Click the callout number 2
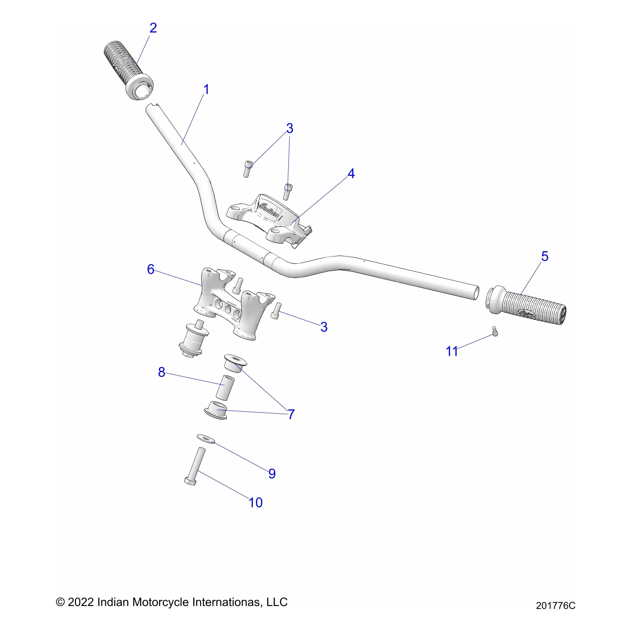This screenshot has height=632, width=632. [x=153, y=28]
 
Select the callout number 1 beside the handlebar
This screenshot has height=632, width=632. [x=206, y=90]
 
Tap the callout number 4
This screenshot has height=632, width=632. [x=351, y=174]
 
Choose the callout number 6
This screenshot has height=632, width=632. [x=150, y=269]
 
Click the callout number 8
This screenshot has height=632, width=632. [x=162, y=372]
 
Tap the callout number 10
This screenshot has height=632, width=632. [x=255, y=502]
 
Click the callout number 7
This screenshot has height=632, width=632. [x=291, y=414]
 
